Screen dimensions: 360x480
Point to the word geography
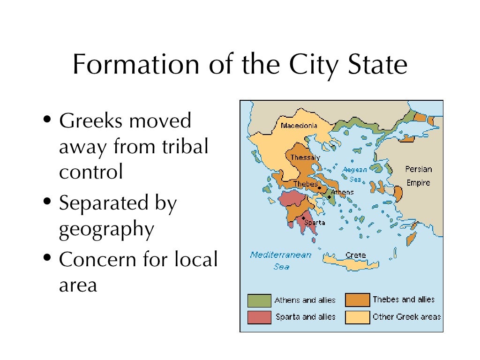pyautogui.click(x=106, y=230)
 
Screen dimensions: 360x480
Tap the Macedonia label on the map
pyautogui.click(x=299, y=126)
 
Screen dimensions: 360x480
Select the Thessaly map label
pyautogui.click(x=305, y=157)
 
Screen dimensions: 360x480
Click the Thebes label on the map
pyautogui.click(x=306, y=184)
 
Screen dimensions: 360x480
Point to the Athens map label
pyautogui.click(x=342, y=192)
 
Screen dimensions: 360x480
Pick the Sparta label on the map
pyautogui.click(x=315, y=223)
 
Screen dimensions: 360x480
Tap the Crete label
pyautogui.click(x=355, y=255)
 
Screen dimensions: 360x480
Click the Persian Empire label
pyautogui.click(x=419, y=176)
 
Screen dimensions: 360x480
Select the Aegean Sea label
pyautogui.click(x=355, y=174)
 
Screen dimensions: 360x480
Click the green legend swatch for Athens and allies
pyautogui.click(x=259, y=300)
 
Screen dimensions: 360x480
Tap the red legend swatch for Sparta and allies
pyautogui.click(x=259, y=317)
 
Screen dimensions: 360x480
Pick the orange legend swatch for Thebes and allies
pyautogui.click(x=357, y=300)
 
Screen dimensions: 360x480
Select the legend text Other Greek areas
pyautogui.click(x=406, y=317)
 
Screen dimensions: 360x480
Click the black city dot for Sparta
pyautogui.click(x=304, y=218)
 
